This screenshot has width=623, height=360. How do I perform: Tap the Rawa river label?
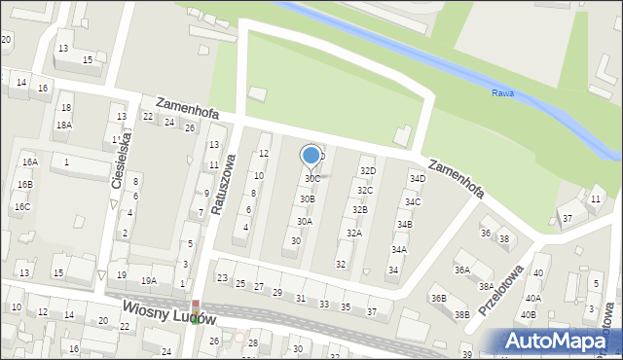click(502, 93)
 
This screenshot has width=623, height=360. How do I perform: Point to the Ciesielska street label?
click(124, 161)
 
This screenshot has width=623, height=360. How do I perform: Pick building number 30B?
click(307, 199)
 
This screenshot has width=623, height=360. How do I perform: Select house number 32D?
click(368, 170)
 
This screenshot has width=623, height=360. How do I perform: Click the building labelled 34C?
click(413, 202)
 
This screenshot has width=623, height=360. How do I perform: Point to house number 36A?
click(462, 270)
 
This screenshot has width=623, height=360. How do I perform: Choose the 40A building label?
click(532, 299)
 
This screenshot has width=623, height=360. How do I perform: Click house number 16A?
click(30, 162)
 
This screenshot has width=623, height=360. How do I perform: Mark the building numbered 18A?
click(63, 126)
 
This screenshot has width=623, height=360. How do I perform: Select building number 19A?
click(148, 280)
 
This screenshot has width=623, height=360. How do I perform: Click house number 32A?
click(354, 234)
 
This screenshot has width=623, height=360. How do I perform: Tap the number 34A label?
click(399, 250)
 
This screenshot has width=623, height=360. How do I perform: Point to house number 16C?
click(21, 207)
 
